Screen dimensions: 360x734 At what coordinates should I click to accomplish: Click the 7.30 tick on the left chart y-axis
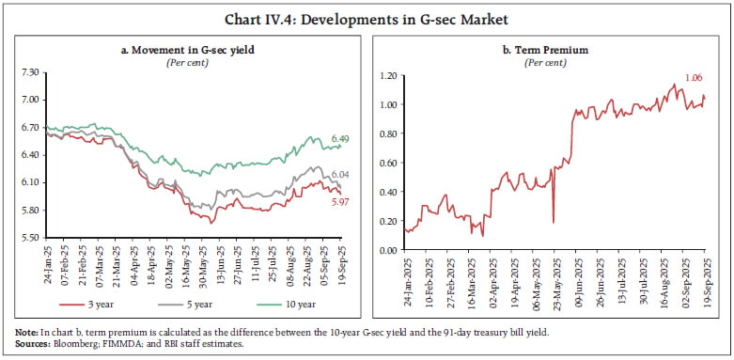click(x=30, y=71)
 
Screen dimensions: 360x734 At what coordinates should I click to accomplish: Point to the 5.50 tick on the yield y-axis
click(x=30, y=237)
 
